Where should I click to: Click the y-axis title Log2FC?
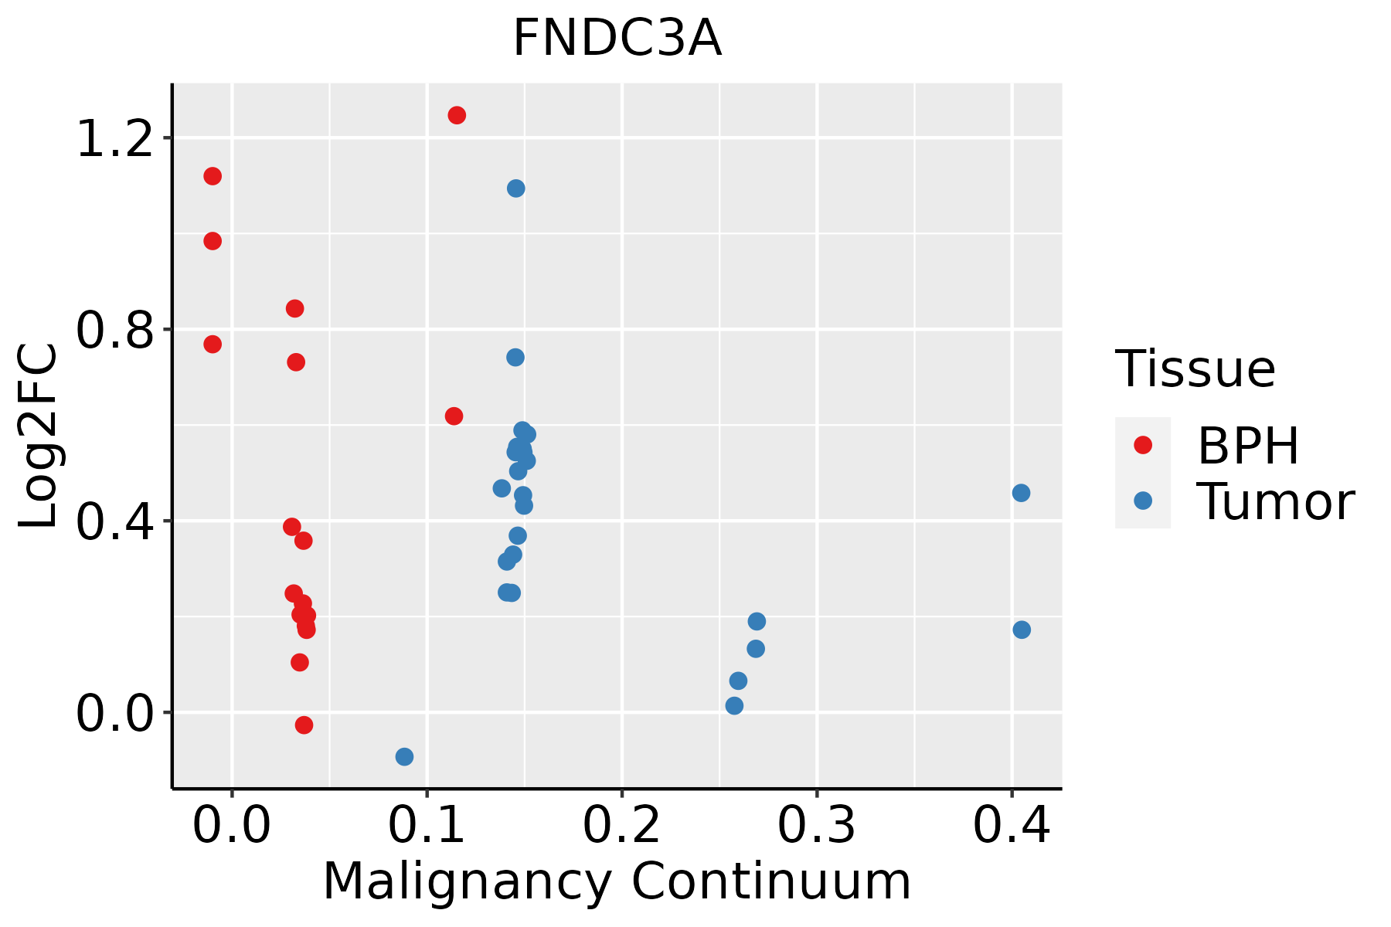click(x=39, y=436)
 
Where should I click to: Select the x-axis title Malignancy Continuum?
click(x=617, y=881)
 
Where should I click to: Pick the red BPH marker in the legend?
click(x=1142, y=445)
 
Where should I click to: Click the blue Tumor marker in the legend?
click(x=1142, y=501)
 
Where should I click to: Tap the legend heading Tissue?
click(x=1195, y=369)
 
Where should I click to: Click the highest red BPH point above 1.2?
click(x=457, y=115)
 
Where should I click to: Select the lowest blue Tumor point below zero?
click(x=404, y=756)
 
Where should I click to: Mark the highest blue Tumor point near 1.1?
click(x=515, y=188)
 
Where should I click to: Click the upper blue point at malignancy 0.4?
click(x=1021, y=493)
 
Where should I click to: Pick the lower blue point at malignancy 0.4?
click(x=1022, y=630)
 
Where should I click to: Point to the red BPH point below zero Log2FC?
click(x=304, y=725)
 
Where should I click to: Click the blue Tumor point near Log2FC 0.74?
click(x=515, y=357)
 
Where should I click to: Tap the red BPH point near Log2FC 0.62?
click(x=454, y=416)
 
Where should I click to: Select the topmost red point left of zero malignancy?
click(x=213, y=176)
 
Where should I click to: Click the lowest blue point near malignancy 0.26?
click(x=734, y=705)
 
